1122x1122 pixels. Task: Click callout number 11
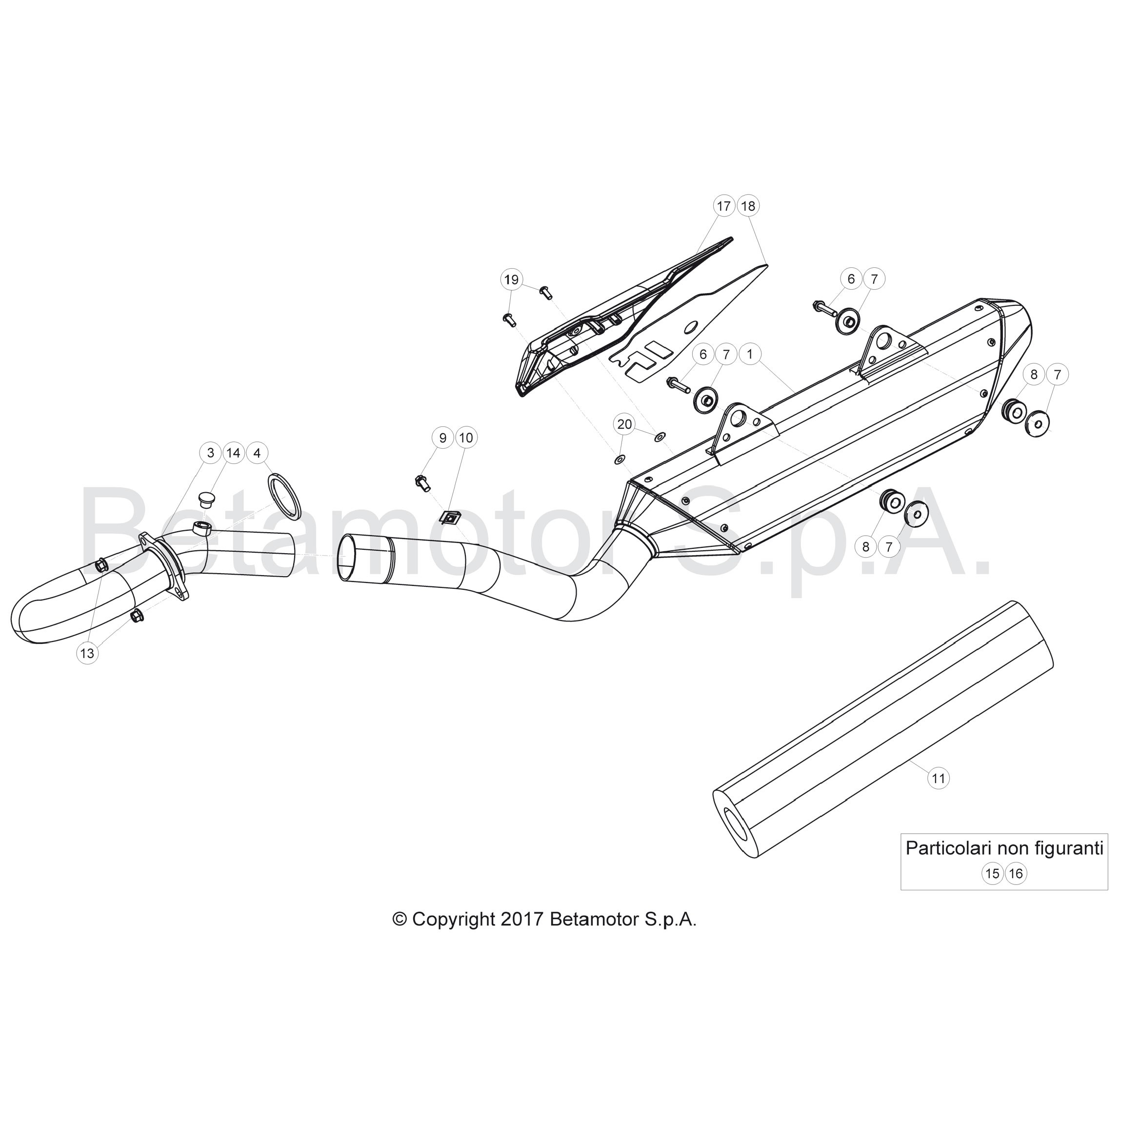click(939, 778)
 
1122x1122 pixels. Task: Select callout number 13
click(87, 653)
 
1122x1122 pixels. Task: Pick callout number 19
click(511, 280)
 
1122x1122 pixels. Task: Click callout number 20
click(624, 424)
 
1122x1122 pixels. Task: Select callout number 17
click(723, 206)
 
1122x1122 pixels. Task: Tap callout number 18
click(748, 206)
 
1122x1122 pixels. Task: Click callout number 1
click(750, 354)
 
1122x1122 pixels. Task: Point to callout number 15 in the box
click(993, 873)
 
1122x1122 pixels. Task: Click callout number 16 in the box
click(1016, 873)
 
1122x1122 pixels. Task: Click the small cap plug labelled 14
click(204, 499)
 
